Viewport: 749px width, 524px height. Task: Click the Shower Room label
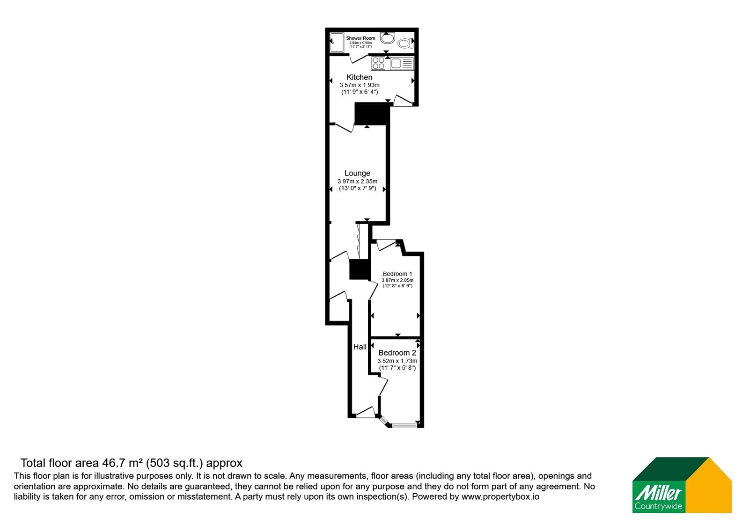coord(360,38)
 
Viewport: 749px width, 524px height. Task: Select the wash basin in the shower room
coord(388,38)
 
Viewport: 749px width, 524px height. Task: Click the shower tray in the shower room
coord(337,43)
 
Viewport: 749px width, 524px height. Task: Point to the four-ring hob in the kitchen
coord(378,63)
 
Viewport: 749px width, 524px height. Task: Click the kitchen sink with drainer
coord(402,64)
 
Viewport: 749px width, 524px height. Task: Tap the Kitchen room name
coord(360,77)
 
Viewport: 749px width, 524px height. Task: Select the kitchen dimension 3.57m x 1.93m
coord(360,85)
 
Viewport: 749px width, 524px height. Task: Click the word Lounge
coord(358,173)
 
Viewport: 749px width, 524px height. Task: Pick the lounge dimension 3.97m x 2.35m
coord(358,182)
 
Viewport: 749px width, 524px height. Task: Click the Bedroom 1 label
coord(397,274)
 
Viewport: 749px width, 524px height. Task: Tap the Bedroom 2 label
coord(397,353)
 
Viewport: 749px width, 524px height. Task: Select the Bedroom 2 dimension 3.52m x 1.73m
coord(397,361)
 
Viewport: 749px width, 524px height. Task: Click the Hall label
coord(360,347)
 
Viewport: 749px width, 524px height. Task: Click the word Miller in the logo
coord(658,493)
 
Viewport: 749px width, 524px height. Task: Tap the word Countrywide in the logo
coord(658,506)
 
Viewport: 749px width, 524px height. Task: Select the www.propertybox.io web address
coord(500,496)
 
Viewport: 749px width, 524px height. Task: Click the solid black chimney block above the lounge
coord(372,114)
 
